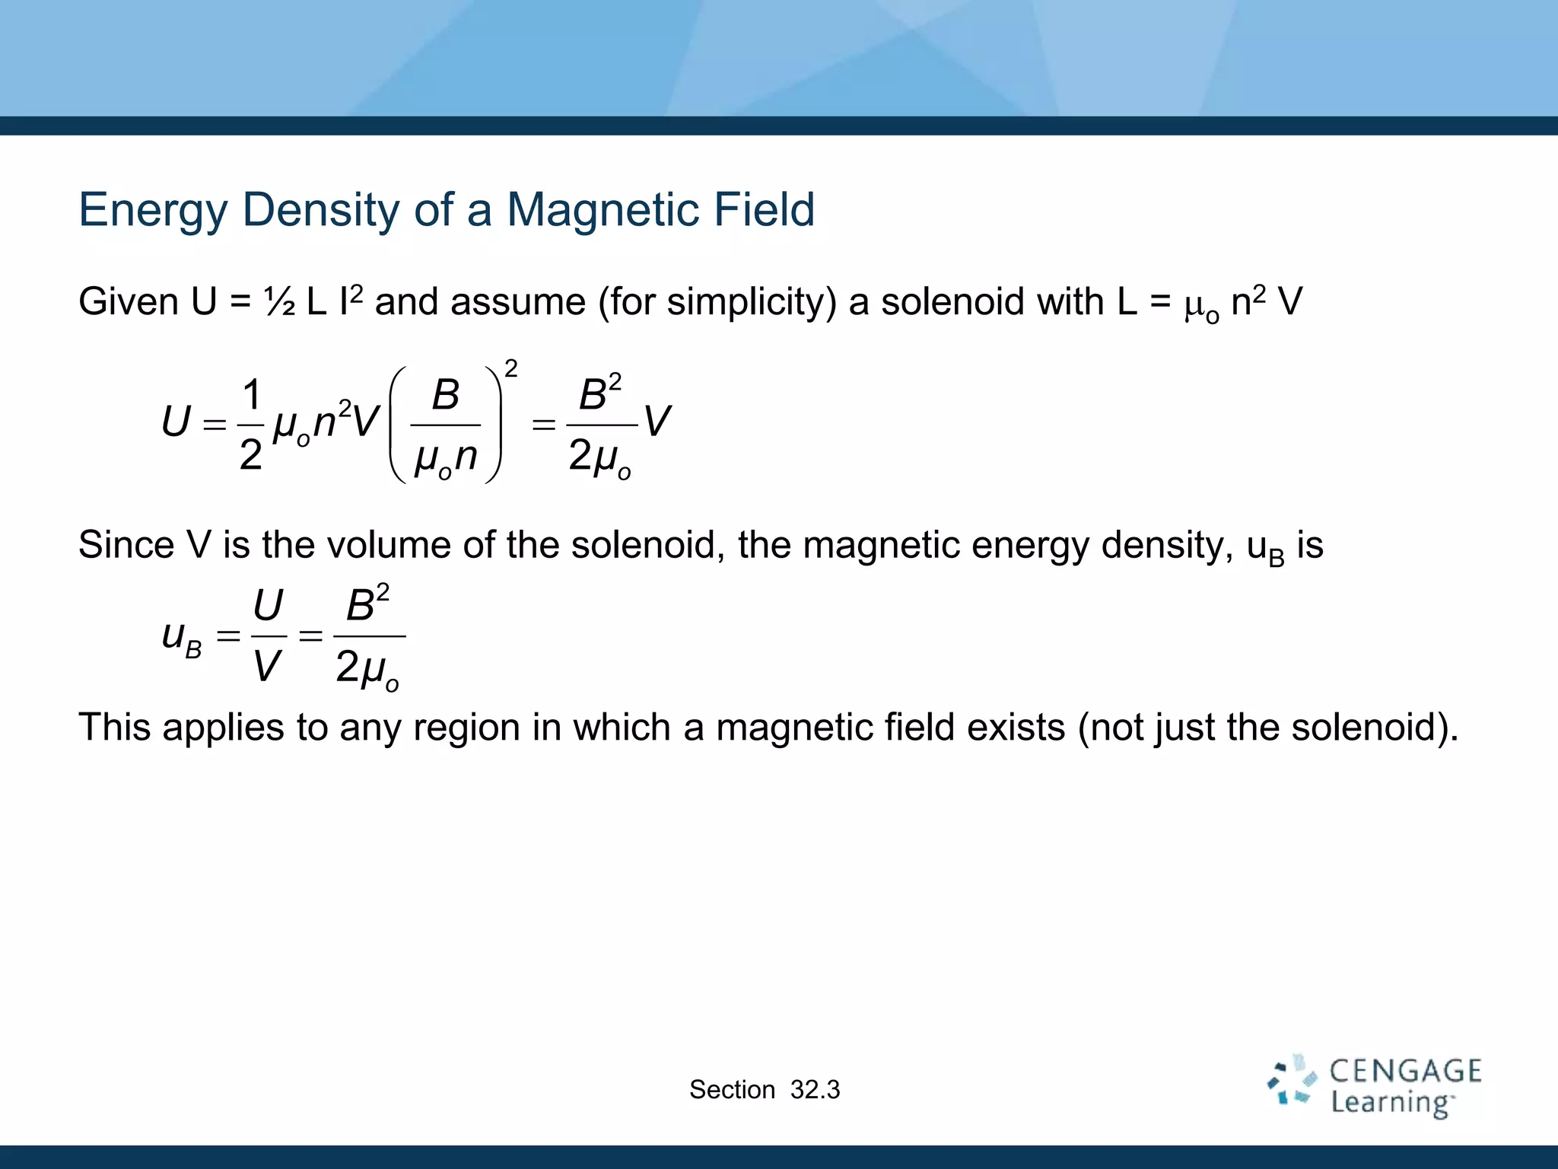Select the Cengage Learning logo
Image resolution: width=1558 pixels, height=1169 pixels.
[1374, 1087]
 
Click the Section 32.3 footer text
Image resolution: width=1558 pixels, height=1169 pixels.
[765, 1090]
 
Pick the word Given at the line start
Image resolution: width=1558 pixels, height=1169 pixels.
[129, 302]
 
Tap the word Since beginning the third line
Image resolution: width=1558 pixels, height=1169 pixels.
[126, 546]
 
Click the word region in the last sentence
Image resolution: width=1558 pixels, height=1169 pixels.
[467, 728]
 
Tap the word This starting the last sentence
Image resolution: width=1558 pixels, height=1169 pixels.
[115, 727]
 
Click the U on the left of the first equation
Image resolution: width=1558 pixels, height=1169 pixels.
[176, 422]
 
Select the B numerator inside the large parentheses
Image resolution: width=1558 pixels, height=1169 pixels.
[446, 395]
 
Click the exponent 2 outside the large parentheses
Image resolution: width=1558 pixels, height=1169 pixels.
[511, 369]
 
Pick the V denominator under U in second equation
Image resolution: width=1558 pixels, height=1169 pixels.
[267, 667]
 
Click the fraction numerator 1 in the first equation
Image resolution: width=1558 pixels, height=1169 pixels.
[252, 395]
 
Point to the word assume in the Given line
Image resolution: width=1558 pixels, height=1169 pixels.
[518, 302]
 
